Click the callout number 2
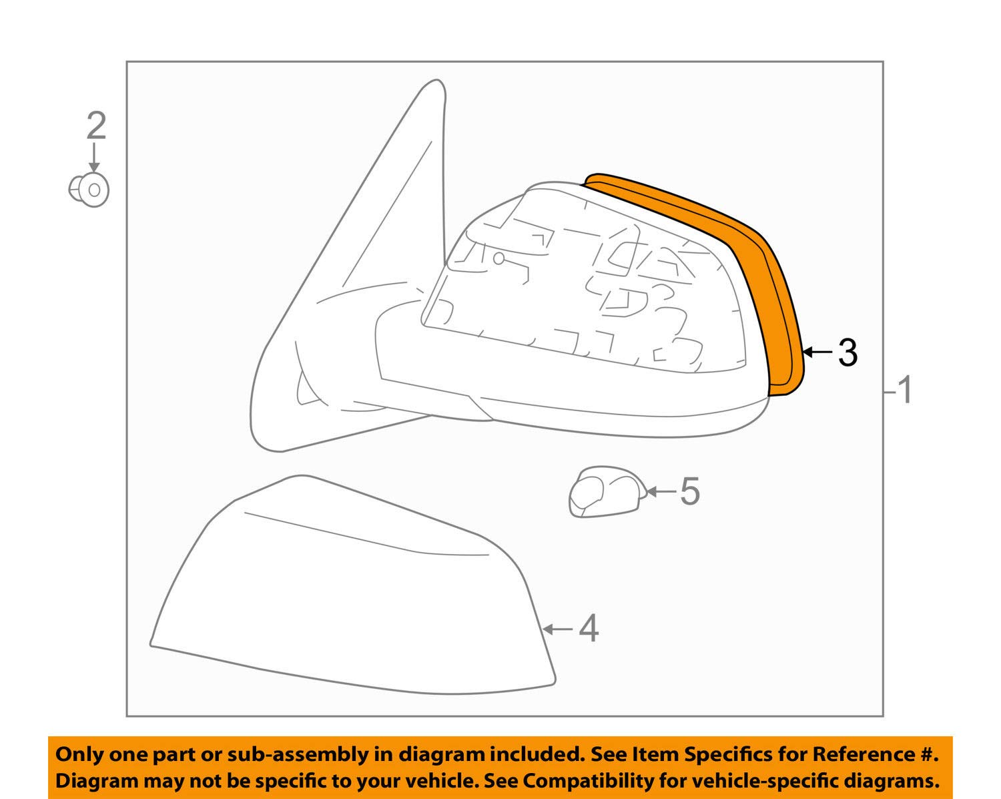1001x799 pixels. (x=97, y=125)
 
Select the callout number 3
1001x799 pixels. (x=848, y=352)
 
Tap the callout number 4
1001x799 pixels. (x=589, y=629)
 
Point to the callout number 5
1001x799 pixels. (x=690, y=491)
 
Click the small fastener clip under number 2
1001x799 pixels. (x=89, y=190)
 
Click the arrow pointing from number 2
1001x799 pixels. (x=94, y=158)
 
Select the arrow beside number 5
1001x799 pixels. (x=661, y=491)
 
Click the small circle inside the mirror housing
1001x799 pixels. (x=498, y=259)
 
